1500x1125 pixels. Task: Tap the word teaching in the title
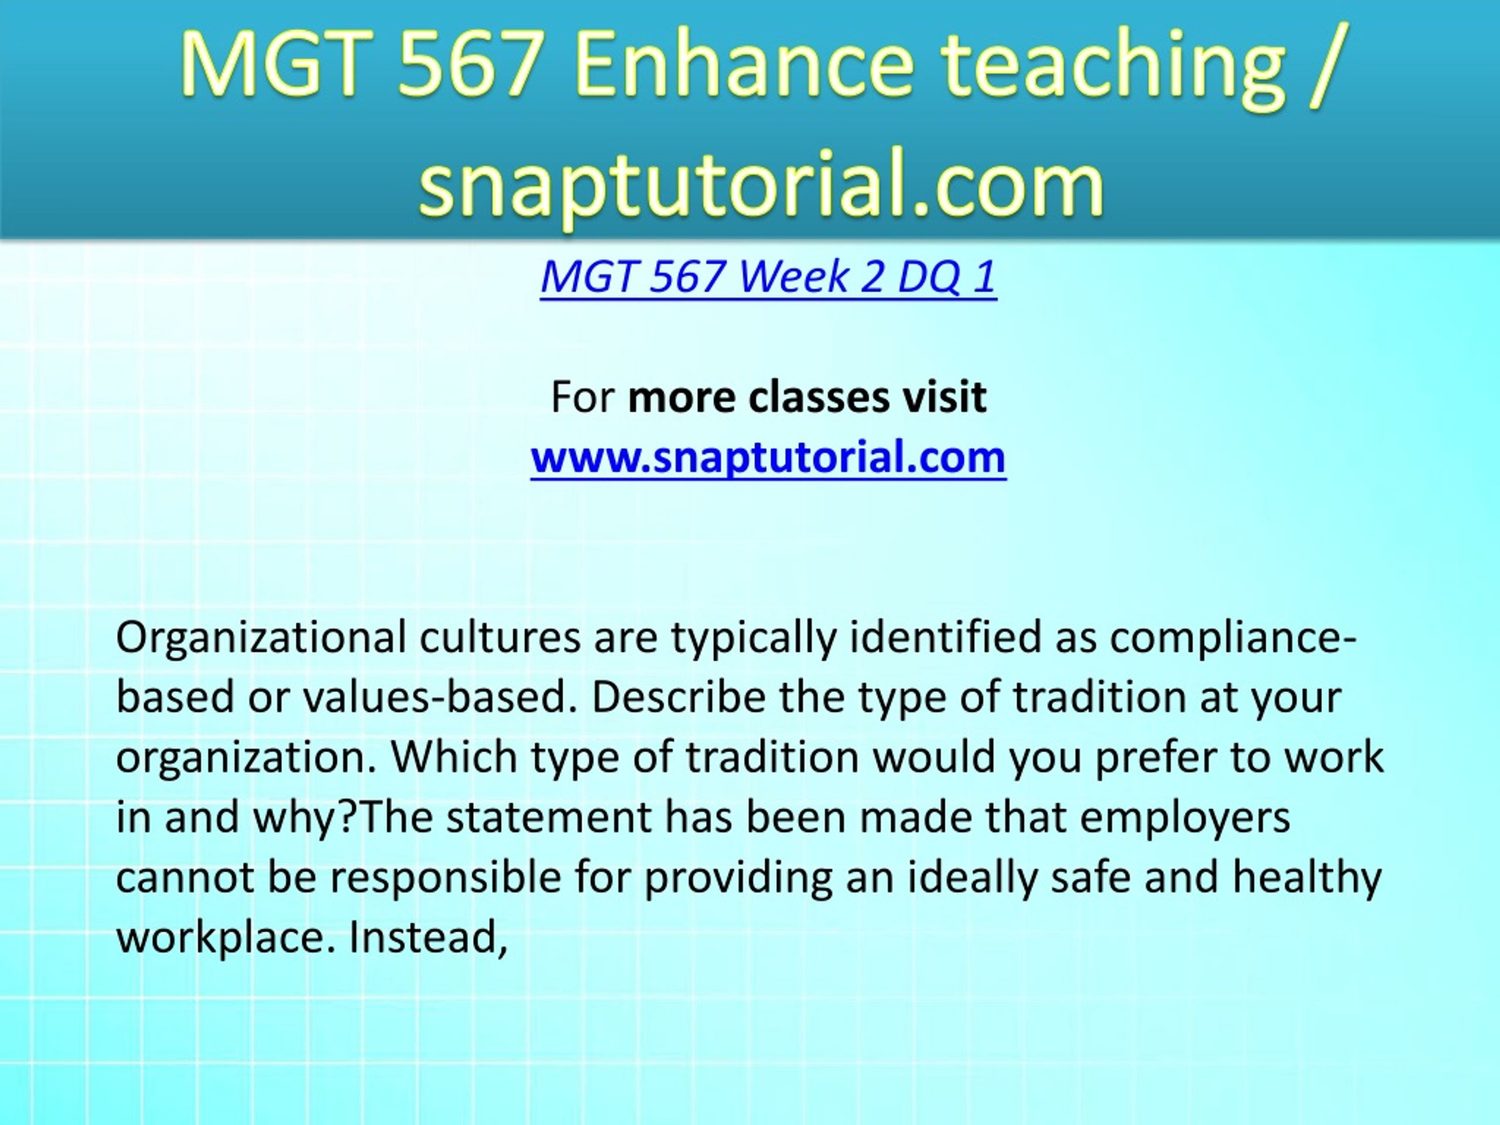coord(1113,70)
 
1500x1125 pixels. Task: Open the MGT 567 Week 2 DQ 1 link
coord(768,277)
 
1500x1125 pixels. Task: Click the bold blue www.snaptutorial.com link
coord(768,456)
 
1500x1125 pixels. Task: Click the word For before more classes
coord(582,397)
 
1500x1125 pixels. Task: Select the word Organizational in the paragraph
coord(262,637)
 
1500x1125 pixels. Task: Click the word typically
coord(754,639)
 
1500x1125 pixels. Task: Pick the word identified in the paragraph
coord(945,637)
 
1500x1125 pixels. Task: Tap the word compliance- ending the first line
coord(1232,639)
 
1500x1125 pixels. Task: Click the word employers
coord(1185,818)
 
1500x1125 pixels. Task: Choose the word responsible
coord(445,878)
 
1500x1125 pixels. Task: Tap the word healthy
coord(1307,878)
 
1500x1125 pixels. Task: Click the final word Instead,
coord(428,937)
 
